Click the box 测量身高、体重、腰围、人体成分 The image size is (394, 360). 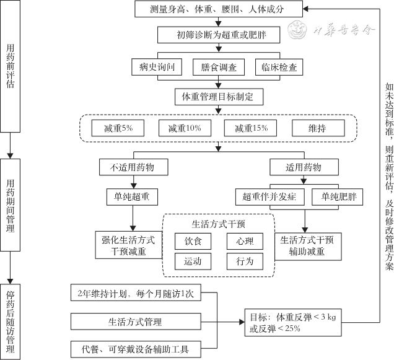click(218, 10)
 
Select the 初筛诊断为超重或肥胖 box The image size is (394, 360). click(218, 34)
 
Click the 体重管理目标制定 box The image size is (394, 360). click(218, 97)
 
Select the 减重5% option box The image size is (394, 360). click(117, 128)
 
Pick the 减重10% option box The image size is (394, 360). click(184, 128)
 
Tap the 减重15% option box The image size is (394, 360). click(251, 128)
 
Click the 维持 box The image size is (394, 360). click(317, 128)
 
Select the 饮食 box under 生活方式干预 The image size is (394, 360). click(193, 242)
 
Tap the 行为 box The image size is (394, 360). click(245, 261)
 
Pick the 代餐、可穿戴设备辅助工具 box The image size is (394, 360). click(137, 349)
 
